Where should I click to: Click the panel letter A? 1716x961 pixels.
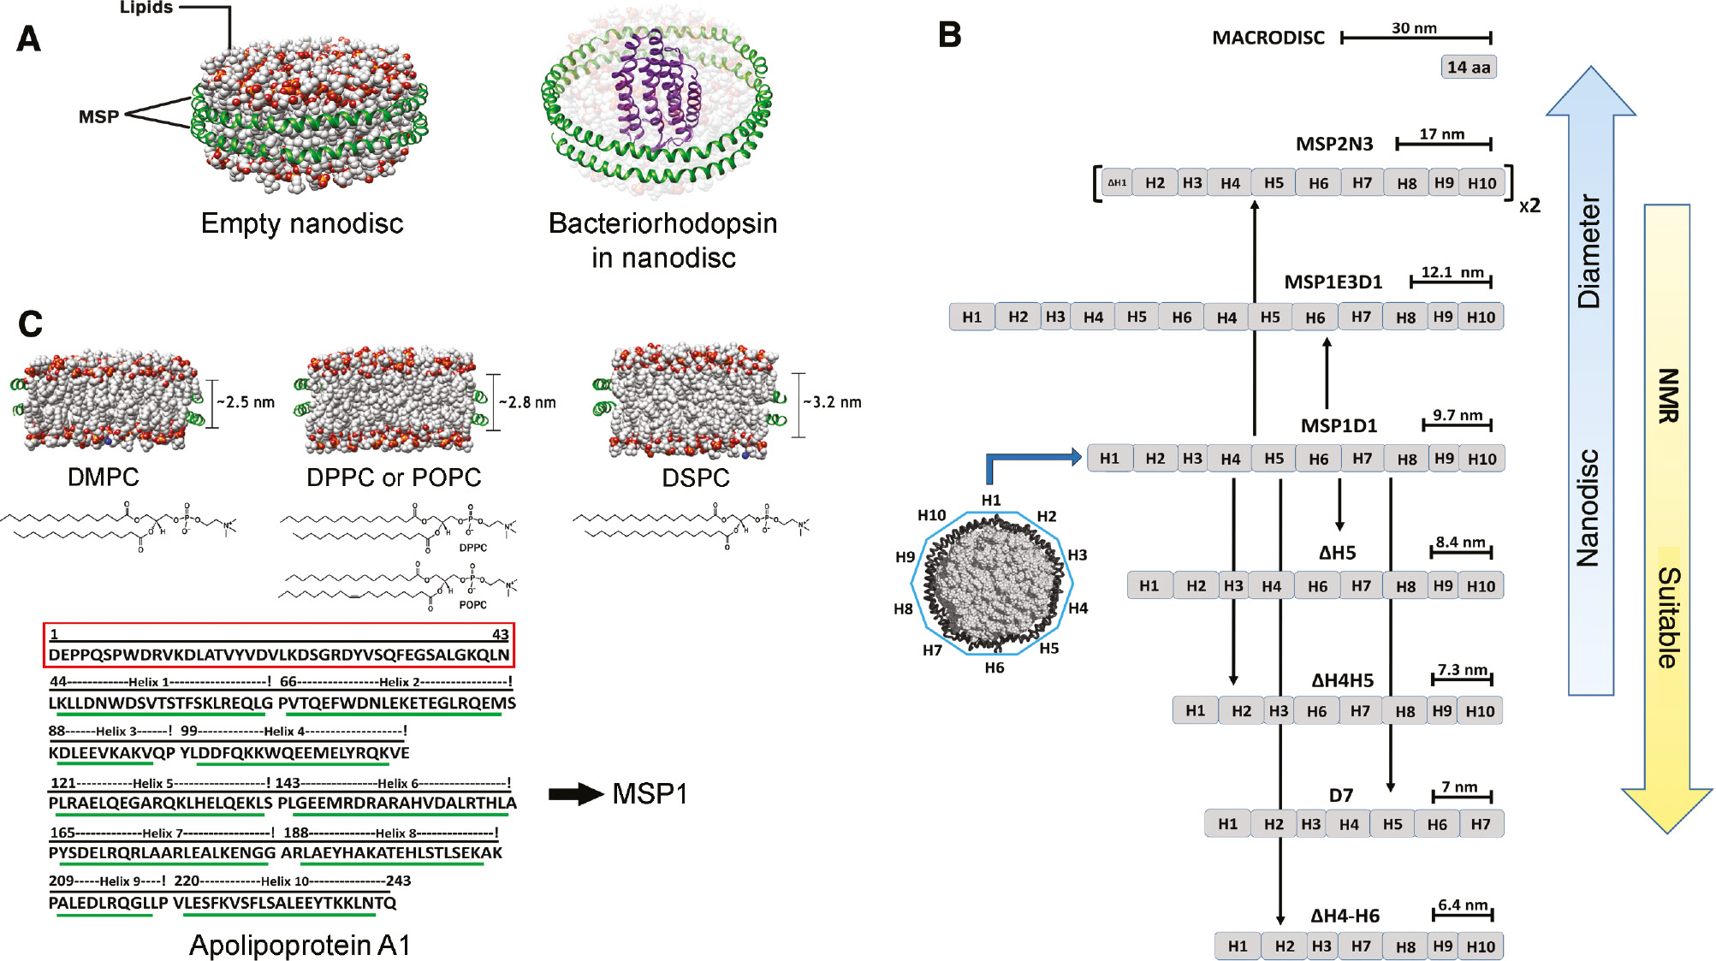click(x=29, y=39)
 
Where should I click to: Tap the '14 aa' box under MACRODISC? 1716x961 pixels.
click(x=1468, y=67)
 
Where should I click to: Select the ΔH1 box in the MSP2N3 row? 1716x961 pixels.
click(x=1117, y=182)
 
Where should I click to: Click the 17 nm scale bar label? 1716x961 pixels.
click(x=1441, y=134)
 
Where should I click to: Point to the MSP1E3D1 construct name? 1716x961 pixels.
click(x=1333, y=282)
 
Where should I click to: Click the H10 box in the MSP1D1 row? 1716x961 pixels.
click(x=1481, y=459)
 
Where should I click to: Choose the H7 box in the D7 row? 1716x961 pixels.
click(x=1480, y=824)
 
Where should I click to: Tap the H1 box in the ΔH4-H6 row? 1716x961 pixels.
click(x=1238, y=946)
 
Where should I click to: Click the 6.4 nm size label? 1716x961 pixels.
click(x=1463, y=905)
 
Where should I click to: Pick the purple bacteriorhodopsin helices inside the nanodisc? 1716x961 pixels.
click(x=656, y=94)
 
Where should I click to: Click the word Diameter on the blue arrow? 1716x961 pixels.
click(x=1588, y=252)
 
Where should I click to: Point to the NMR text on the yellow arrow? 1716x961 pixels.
click(x=1668, y=395)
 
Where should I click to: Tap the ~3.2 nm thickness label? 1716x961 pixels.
click(x=832, y=402)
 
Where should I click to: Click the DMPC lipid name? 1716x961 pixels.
click(x=103, y=477)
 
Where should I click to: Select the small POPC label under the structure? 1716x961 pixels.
click(x=472, y=604)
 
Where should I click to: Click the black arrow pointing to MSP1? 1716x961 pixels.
click(x=576, y=794)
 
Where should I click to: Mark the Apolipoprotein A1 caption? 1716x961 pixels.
click(x=300, y=945)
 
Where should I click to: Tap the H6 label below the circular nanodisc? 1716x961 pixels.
click(x=994, y=667)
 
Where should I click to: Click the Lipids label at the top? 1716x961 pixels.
click(x=145, y=8)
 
